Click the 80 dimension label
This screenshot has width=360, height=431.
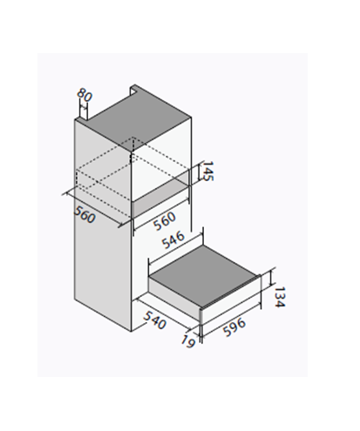click(85, 95)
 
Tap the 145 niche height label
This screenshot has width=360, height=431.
click(207, 171)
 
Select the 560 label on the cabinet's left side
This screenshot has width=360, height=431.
click(85, 214)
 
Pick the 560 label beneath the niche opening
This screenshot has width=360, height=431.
click(165, 221)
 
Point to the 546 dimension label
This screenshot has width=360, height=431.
click(173, 240)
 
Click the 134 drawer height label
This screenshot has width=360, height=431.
click(280, 297)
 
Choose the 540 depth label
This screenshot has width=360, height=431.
click(154, 320)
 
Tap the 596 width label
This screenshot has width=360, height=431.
click(234, 327)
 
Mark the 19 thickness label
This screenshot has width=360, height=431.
click(187, 341)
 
